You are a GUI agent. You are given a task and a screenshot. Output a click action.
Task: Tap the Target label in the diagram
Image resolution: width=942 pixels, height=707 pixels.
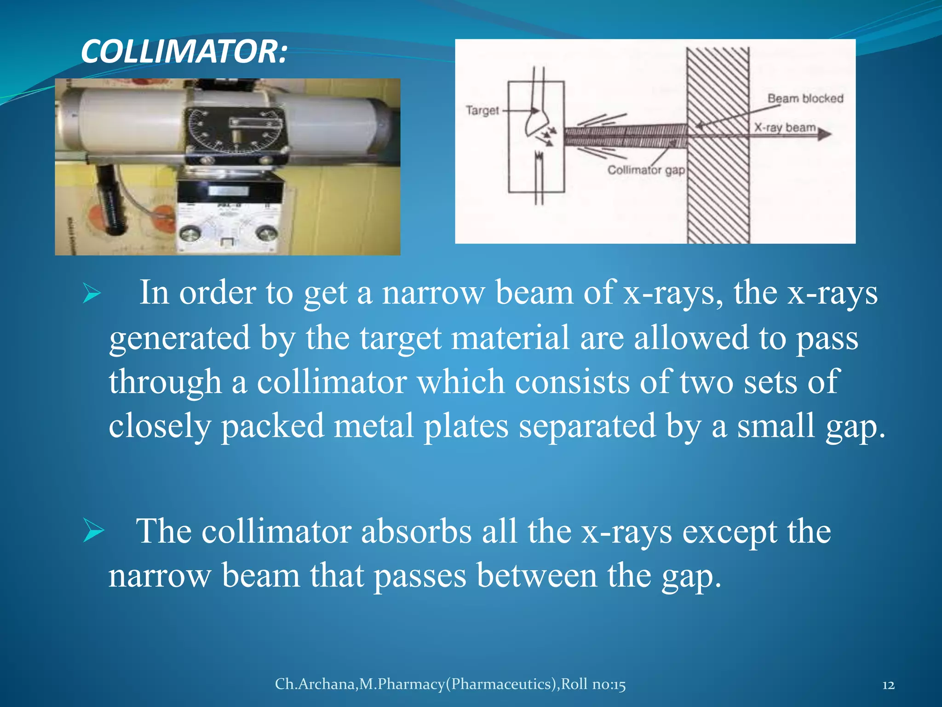pos(482,110)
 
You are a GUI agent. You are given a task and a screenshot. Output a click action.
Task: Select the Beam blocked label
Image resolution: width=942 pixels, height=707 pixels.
pos(805,99)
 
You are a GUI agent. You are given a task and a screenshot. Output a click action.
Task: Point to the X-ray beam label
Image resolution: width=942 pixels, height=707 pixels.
pos(785,127)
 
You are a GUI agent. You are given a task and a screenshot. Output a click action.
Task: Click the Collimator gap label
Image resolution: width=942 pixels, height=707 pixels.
pos(646,170)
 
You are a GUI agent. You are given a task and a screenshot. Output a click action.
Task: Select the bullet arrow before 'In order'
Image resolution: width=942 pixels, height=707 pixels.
pos(92,294)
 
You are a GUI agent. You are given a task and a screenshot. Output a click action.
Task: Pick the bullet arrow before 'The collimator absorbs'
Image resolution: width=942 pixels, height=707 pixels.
pos(93,532)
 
